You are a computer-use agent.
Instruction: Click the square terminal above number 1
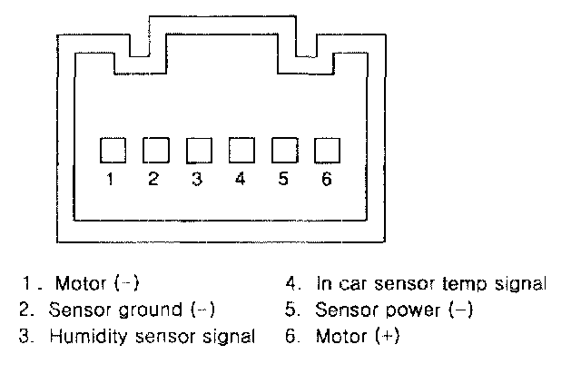pos(111,150)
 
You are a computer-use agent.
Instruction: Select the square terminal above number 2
pos(154,150)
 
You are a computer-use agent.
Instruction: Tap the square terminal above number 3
pos(197,150)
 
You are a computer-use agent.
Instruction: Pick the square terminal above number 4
pos(241,150)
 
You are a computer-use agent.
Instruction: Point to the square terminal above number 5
pos(284,150)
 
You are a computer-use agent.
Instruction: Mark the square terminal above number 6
pos(327,150)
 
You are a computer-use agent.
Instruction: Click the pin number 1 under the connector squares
pos(111,179)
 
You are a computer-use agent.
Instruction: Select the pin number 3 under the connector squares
pos(197,179)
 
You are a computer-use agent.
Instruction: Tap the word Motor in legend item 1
pos(81,284)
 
